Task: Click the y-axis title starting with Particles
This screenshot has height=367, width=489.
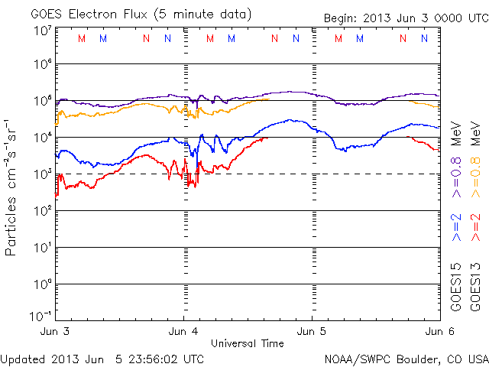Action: pyautogui.click(x=12, y=187)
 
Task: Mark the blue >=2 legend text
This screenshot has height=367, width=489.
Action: pyautogui.click(x=456, y=228)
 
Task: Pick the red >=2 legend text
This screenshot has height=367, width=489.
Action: pyautogui.click(x=474, y=228)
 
